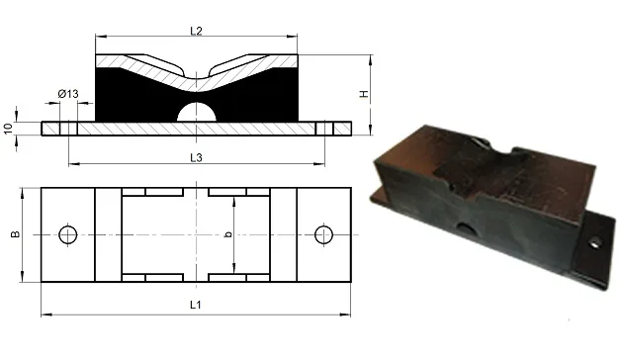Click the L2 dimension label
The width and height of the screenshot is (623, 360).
196,31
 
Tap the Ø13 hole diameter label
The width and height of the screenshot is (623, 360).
68,94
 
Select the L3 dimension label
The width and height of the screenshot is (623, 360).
196,158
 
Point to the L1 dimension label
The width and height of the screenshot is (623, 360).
195,305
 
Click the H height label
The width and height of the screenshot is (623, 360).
364,94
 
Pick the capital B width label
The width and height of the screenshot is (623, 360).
15,234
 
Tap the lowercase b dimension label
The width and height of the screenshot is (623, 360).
228,234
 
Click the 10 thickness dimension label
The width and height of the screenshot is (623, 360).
8,129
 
